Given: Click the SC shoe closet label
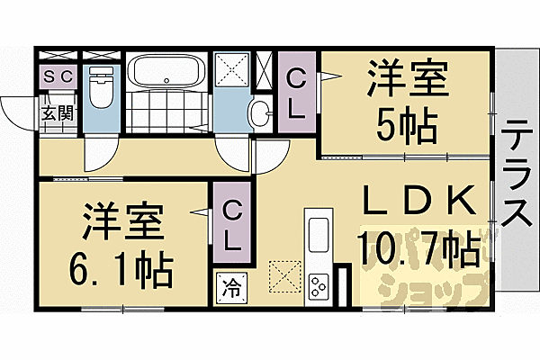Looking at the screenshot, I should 59,78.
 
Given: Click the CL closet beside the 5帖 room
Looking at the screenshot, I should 296,92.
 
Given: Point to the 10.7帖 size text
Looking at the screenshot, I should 418,247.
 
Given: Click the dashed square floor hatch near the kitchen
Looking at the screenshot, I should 284,274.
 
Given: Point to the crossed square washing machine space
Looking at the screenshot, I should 232,69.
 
